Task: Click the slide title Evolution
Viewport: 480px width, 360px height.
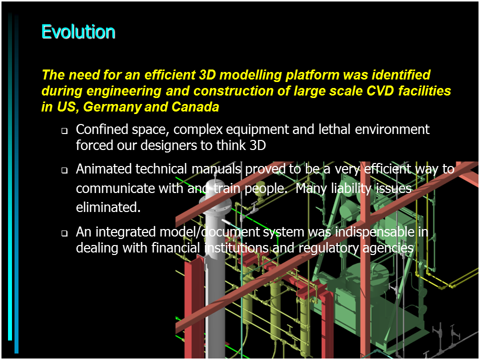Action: [78, 32]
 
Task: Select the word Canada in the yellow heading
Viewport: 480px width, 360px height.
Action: [195, 107]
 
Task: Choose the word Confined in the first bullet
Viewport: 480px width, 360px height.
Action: [102, 129]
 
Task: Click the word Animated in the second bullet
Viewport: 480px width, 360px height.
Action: [103, 168]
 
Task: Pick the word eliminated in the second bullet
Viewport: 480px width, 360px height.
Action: [108, 207]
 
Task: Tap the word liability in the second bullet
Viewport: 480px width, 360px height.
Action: [351, 188]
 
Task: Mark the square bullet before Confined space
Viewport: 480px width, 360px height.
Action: [64, 131]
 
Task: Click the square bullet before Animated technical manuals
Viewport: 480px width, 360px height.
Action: [64, 170]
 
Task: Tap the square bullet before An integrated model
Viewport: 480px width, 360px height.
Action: [64, 233]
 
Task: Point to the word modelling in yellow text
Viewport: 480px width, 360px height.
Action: [250, 75]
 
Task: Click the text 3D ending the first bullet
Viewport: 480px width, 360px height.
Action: [257, 145]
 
